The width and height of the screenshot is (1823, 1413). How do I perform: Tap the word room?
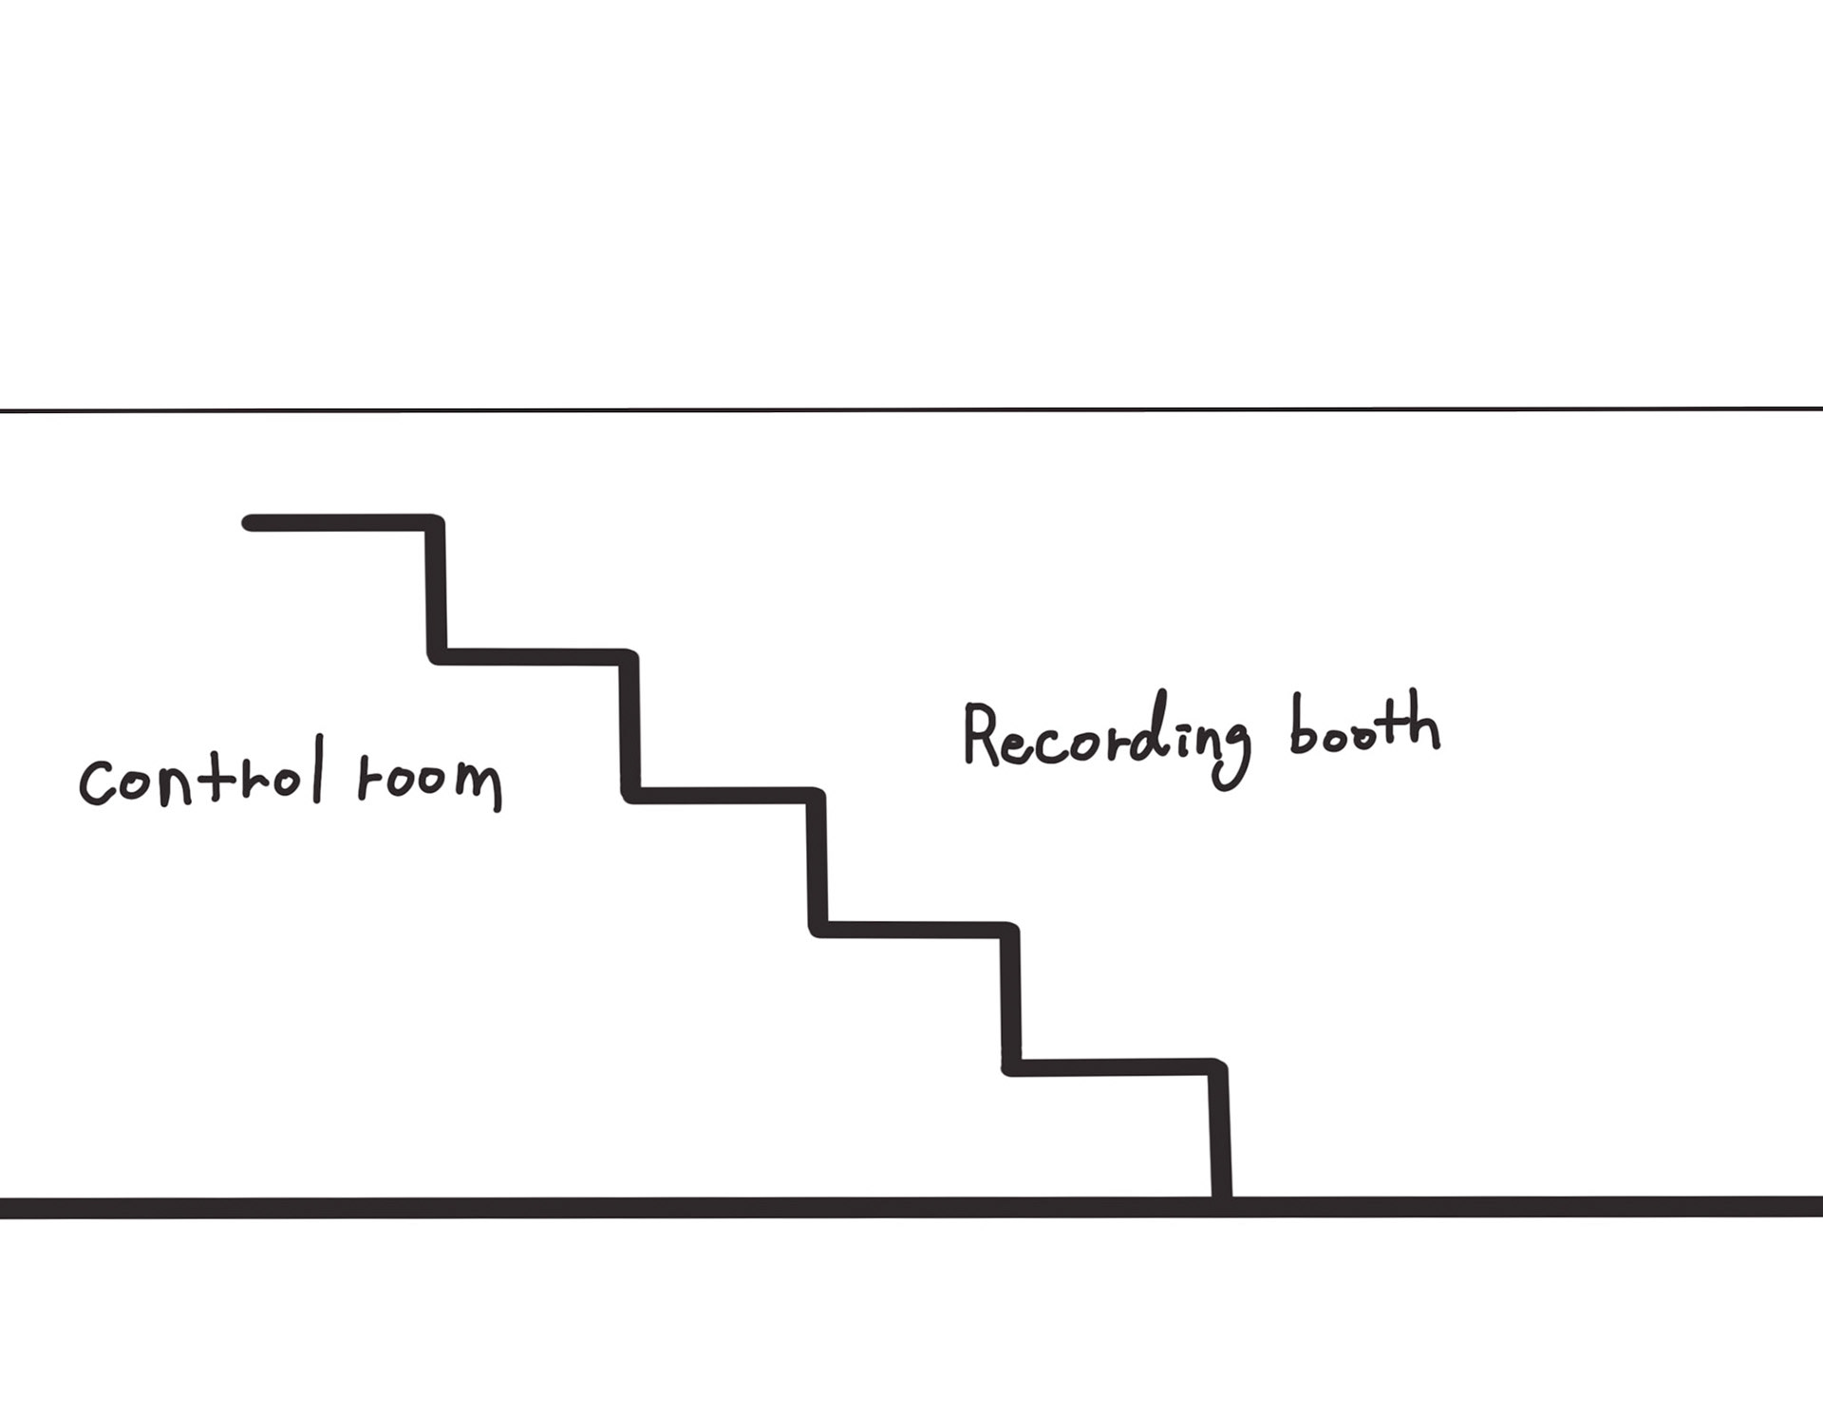click(x=429, y=781)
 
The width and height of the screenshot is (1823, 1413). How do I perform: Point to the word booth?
click(x=1363, y=726)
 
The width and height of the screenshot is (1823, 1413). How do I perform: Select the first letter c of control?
click(x=97, y=783)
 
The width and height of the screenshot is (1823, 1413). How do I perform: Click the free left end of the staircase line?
click(x=249, y=523)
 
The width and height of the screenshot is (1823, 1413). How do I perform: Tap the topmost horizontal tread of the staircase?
click(x=342, y=523)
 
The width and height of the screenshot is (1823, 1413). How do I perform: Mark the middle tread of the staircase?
click(x=722, y=795)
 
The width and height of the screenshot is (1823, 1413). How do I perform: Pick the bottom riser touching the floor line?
click(x=1221, y=1135)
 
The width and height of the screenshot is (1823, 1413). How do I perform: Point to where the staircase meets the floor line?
click(x=1222, y=1206)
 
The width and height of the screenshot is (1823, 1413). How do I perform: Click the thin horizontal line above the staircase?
click(x=911, y=410)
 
